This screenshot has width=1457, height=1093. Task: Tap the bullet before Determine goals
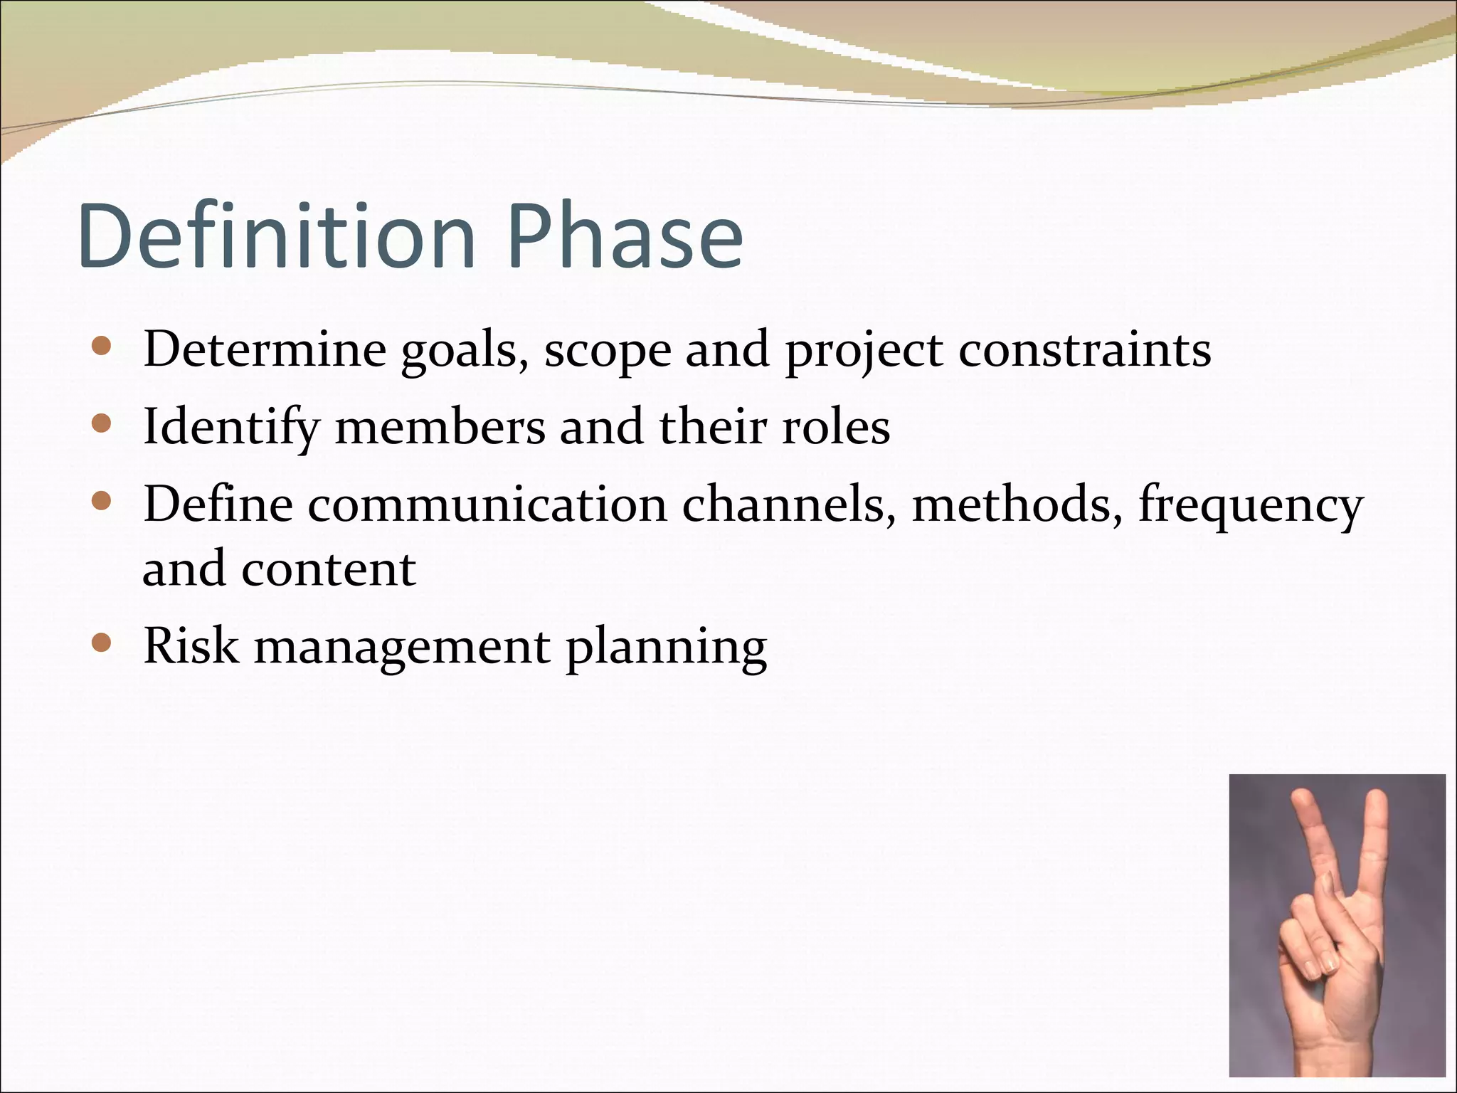click(x=102, y=347)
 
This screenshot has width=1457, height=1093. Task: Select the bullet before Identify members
click(x=102, y=424)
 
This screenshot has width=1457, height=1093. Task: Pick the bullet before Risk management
click(x=102, y=643)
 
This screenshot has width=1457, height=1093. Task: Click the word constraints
click(x=1084, y=350)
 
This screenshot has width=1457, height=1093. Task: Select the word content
click(x=328, y=570)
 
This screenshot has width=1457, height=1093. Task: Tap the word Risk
click(x=191, y=645)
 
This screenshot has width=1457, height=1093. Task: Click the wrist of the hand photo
click(x=1337, y=1060)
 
